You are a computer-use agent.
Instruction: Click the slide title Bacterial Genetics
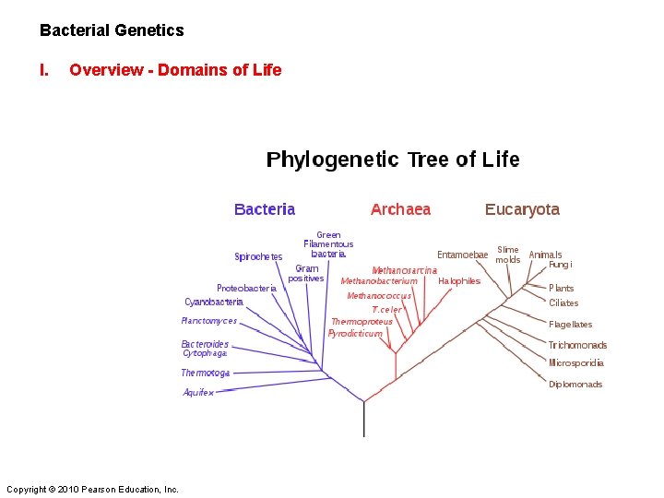click(x=112, y=30)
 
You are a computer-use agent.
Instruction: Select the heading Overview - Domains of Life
click(x=175, y=70)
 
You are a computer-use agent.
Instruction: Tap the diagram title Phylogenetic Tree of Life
click(x=393, y=160)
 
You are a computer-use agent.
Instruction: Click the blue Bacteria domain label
click(x=265, y=209)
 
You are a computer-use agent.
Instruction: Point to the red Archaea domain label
click(x=400, y=209)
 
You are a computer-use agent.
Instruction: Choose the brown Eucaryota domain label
click(x=522, y=209)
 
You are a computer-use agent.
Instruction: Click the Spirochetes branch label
click(x=258, y=257)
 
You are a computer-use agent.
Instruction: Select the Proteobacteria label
click(x=246, y=288)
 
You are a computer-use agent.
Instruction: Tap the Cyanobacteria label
click(x=214, y=302)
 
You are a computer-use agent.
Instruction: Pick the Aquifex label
click(x=198, y=392)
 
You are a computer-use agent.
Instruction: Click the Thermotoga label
click(x=205, y=373)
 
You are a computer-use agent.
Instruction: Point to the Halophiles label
click(x=459, y=281)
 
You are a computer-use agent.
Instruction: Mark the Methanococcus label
click(x=379, y=296)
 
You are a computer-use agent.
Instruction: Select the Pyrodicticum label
click(x=355, y=334)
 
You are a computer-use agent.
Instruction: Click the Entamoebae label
click(x=462, y=255)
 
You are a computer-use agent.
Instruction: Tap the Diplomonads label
click(x=575, y=385)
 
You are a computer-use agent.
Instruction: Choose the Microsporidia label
click(x=576, y=363)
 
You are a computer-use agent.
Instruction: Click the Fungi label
click(x=561, y=265)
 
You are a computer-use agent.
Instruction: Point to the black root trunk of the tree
click(x=363, y=420)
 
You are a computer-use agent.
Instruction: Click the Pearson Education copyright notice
click(x=92, y=489)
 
